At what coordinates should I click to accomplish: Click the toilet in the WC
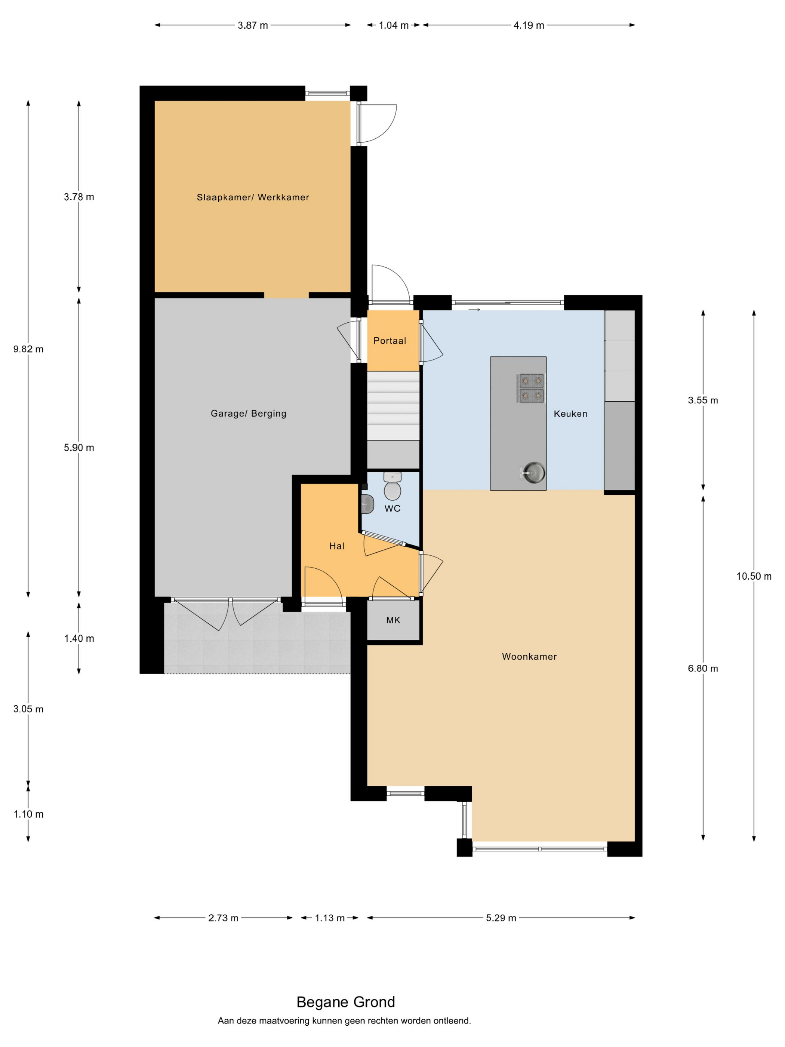(x=392, y=486)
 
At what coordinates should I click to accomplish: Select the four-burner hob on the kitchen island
(x=532, y=388)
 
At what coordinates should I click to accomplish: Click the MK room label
(x=393, y=620)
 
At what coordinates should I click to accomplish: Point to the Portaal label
(x=390, y=340)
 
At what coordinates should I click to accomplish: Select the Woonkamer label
(x=529, y=657)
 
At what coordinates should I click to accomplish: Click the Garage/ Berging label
(x=249, y=414)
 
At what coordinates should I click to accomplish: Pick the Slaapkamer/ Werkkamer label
(x=253, y=197)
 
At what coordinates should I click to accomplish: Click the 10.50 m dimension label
(x=754, y=576)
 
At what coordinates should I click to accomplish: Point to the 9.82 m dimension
(x=28, y=349)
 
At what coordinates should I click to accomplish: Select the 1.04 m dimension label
(x=393, y=25)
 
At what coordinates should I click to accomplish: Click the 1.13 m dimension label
(x=330, y=918)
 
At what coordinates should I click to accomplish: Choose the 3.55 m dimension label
(x=703, y=400)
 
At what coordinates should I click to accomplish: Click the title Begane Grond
(x=345, y=1002)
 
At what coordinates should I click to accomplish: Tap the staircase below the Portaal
(x=393, y=406)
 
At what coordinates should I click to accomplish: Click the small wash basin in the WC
(x=367, y=504)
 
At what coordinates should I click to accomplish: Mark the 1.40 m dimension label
(x=79, y=639)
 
